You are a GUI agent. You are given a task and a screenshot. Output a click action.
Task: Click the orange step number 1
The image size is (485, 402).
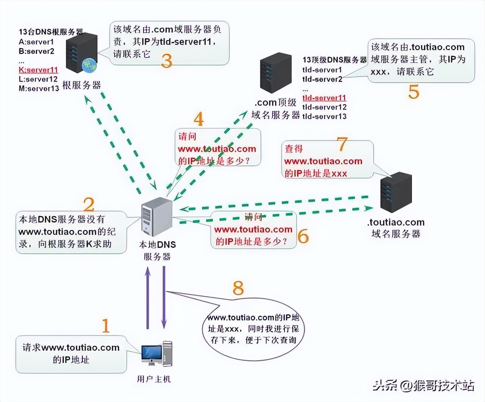pos(106,326)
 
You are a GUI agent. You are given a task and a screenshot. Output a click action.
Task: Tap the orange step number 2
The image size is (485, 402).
pos(89,204)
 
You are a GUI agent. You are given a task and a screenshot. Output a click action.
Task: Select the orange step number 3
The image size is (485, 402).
pos(167,61)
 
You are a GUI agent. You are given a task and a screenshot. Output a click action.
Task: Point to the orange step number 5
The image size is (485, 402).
pos(414,92)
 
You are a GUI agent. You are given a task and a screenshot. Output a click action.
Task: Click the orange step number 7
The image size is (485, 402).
pos(342,144)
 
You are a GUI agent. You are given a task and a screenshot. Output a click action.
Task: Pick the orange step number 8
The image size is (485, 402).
pos(238,288)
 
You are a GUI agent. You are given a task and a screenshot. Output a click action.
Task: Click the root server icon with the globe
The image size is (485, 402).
pos(81,53)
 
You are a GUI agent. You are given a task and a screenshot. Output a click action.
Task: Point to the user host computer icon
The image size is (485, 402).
pos(157,354)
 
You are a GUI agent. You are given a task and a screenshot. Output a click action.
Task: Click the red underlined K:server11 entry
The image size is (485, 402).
pos(38,70)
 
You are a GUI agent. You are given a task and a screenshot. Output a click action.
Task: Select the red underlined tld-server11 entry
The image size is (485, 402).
pos(324,98)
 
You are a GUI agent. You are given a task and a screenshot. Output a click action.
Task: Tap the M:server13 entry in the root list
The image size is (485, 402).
pos(39,89)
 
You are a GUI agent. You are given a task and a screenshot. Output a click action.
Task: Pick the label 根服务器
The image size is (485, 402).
pos(81,86)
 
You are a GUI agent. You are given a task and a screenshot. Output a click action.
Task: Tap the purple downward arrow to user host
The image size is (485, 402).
pos(164,297)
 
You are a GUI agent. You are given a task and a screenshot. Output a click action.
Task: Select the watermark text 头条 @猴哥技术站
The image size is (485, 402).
pos(423,386)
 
